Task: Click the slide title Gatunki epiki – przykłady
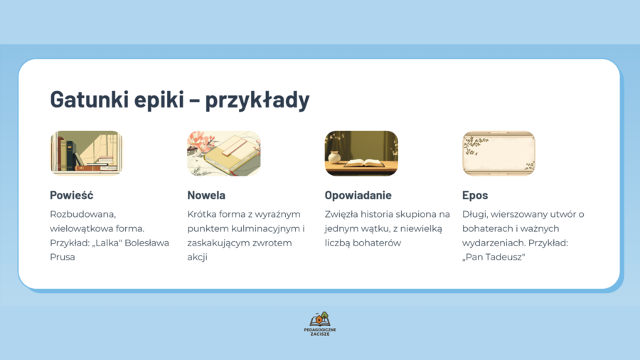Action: coord(179,100)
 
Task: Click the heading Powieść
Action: coord(71,195)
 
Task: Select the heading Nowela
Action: coord(206,195)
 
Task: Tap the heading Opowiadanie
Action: coord(358,195)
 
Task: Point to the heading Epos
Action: coord(475,195)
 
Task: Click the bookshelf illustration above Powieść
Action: coord(86,153)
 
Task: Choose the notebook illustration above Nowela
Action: coord(223,153)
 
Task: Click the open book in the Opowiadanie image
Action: coord(365,162)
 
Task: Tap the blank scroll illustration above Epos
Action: coord(498,153)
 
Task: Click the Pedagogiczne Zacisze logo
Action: coord(320,324)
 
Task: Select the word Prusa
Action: coord(63,257)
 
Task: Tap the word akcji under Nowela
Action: coord(197,257)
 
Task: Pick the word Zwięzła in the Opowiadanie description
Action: coord(342,214)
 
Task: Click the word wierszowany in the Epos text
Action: coord(521,214)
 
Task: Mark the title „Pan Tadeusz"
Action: coord(494,257)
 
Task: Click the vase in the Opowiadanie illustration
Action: coord(334,157)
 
